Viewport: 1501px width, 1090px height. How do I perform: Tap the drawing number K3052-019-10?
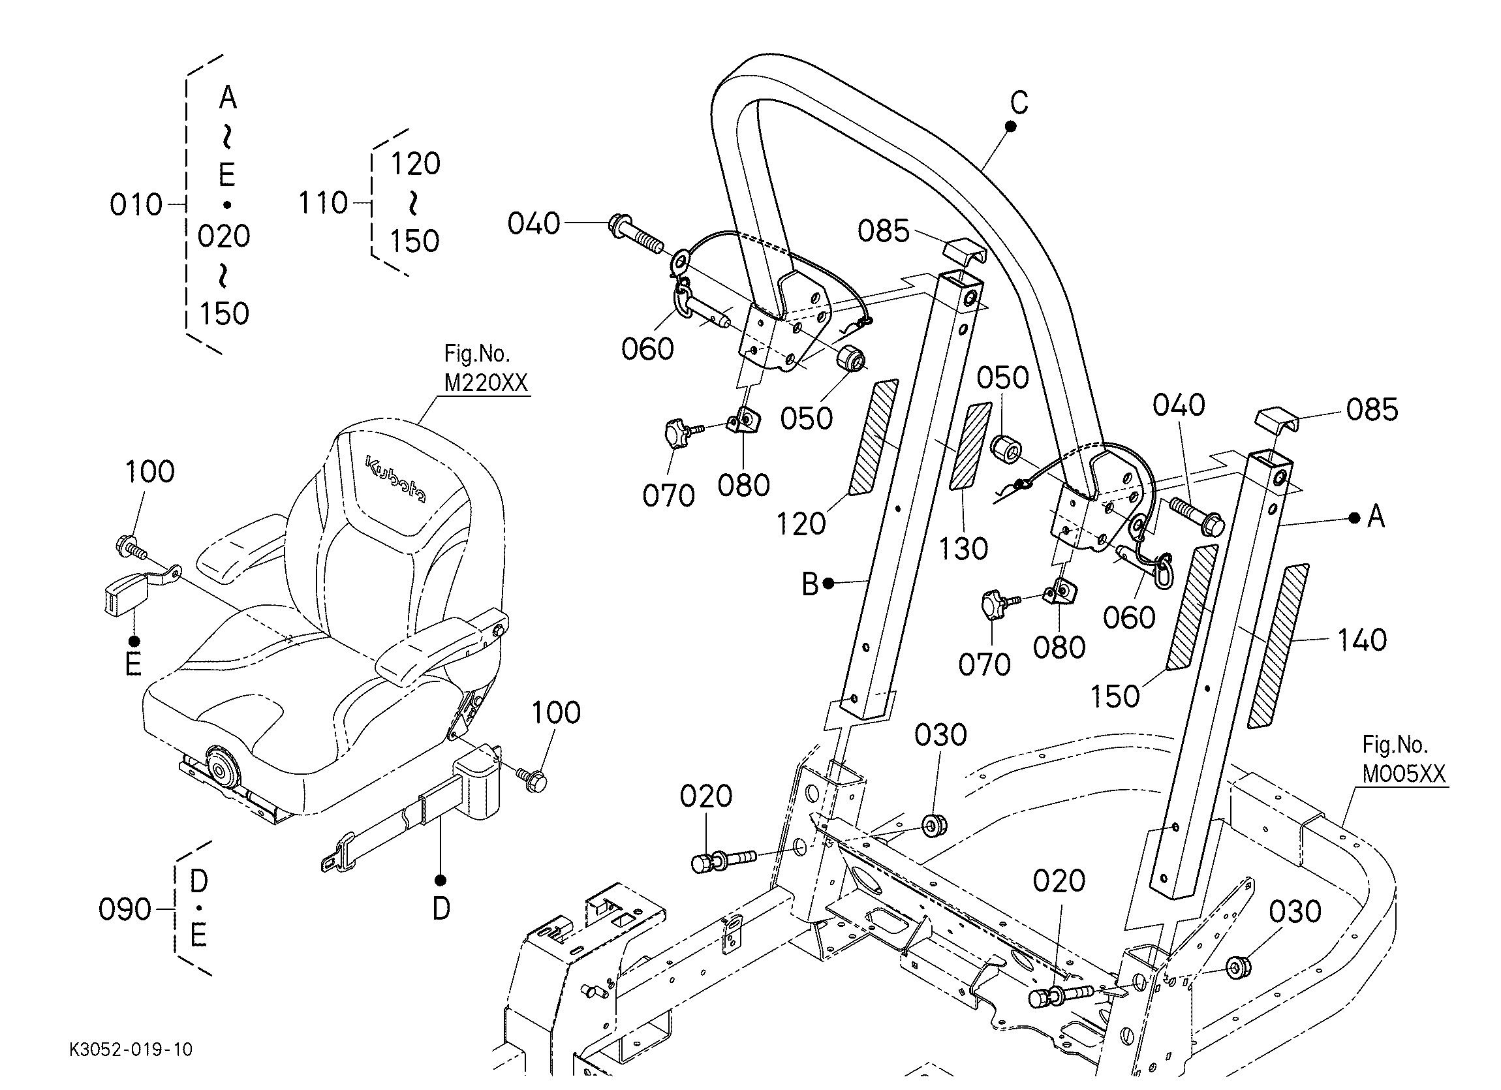[x=131, y=1050]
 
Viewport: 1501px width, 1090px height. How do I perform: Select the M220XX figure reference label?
[x=485, y=382]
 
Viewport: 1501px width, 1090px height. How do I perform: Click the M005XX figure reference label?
[x=1404, y=773]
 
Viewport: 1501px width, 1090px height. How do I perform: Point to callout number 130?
[x=963, y=549]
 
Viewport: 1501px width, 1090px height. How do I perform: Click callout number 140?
[x=1361, y=640]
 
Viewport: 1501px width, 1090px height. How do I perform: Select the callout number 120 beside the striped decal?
[x=801, y=524]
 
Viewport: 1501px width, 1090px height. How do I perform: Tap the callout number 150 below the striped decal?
[x=1115, y=696]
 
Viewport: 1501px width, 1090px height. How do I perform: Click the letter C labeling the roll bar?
[x=1019, y=102]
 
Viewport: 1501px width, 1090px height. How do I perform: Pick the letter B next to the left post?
[x=810, y=584]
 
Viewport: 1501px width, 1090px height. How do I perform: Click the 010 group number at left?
[x=136, y=205]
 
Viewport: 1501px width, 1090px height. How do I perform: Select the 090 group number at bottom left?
[x=125, y=910]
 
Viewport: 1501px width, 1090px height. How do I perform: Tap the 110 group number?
[x=323, y=203]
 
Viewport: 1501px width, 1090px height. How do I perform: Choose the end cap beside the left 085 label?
[x=965, y=253]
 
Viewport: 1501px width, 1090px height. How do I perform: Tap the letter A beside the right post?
[x=1376, y=516]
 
